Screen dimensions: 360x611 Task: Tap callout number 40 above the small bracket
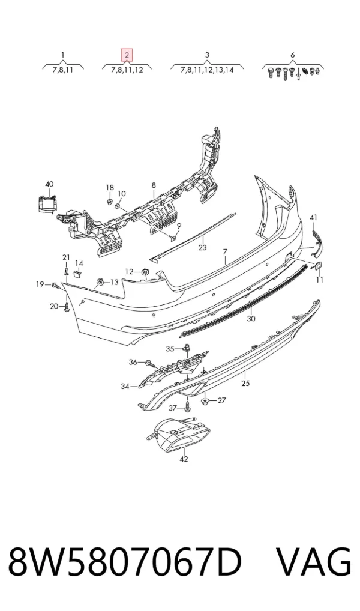49,184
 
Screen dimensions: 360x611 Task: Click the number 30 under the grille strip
251,319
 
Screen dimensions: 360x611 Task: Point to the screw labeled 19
54,286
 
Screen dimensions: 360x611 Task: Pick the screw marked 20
67,307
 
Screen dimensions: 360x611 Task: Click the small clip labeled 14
78,274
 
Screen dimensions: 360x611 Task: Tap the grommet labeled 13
100,282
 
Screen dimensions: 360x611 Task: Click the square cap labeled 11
317,266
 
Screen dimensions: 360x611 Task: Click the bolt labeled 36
151,364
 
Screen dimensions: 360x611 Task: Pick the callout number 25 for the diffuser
245,384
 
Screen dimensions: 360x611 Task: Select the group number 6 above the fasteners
293,55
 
